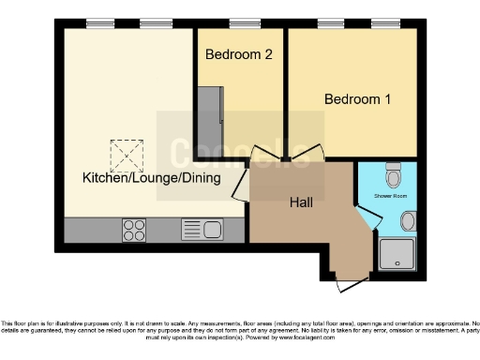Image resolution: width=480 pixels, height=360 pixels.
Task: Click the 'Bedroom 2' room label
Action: point(239,54)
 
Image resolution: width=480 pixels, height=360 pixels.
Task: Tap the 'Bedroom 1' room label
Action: point(358,98)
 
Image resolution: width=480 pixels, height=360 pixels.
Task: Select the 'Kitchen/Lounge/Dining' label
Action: point(151,178)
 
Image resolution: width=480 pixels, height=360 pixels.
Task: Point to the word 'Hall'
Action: point(301,201)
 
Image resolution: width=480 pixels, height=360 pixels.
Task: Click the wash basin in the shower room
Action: point(409,221)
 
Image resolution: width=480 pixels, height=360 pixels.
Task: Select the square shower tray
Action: point(397,256)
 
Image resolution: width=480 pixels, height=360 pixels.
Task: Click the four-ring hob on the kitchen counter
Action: point(134,230)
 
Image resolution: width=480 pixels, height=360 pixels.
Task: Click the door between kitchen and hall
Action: point(240,185)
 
